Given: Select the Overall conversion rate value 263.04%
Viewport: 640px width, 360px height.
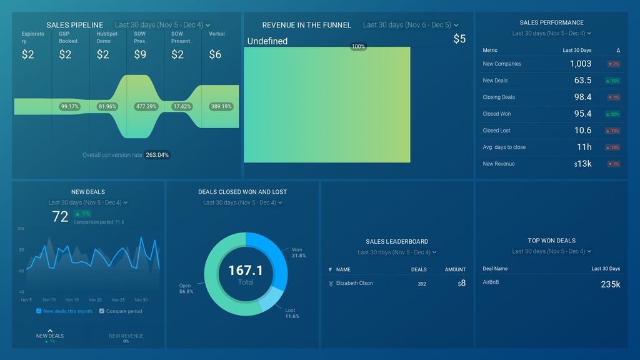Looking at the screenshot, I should (156, 155).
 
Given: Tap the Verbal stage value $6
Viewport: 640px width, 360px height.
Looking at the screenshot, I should (215, 54).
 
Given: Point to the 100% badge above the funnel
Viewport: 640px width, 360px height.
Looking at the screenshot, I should (358, 47).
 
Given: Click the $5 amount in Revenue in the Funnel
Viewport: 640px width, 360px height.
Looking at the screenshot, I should (459, 39).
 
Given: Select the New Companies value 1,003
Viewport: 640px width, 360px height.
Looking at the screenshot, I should (580, 64).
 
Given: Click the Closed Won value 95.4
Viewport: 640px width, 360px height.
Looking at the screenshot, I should (582, 114).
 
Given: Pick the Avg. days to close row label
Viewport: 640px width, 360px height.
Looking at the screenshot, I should (504, 147).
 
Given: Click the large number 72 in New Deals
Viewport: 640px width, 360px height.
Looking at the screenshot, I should (60, 217).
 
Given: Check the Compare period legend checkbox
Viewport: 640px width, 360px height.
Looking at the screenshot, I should (102, 311).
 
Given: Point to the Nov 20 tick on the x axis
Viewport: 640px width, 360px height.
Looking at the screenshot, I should (95, 300).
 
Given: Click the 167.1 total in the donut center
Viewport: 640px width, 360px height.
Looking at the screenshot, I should (245, 270).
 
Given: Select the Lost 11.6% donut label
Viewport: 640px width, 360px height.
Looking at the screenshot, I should (291, 313).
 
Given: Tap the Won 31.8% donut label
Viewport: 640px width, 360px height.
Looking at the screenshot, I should (298, 252).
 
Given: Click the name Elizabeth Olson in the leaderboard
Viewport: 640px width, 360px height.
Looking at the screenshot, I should (354, 283).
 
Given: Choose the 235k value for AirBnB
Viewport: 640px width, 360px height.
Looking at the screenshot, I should (610, 284).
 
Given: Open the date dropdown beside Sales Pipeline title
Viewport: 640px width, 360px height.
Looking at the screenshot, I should (162, 25).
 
